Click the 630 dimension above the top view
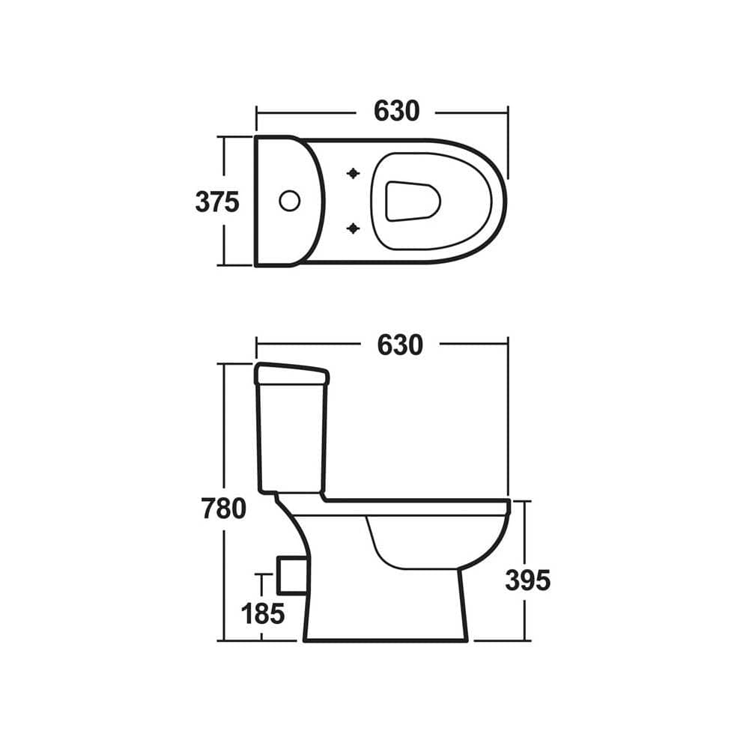(x=396, y=111)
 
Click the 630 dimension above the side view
(x=399, y=345)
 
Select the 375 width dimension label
(x=216, y=202)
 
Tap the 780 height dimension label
(x=223, y=509)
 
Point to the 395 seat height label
(x=527, y=580)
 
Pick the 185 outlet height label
(x=263, y=613)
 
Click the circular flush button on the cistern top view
(x=289, y=201)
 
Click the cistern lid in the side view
(x=291, y=373)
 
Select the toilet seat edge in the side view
(x=419, y=507)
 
